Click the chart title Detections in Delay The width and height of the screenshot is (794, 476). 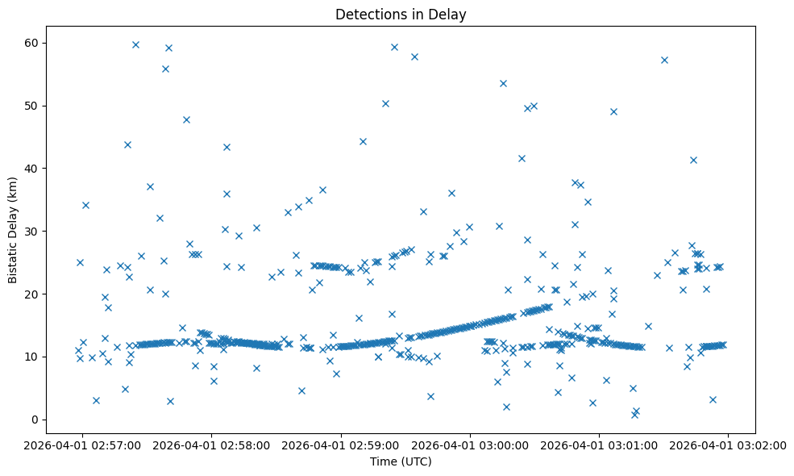[401, 15]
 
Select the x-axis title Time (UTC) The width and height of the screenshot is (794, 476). [401, 461]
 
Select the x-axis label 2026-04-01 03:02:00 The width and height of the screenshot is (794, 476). [728, 445]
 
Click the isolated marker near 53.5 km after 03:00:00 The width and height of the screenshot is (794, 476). [503, 83]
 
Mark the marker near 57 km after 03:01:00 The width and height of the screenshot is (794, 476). [664, 60]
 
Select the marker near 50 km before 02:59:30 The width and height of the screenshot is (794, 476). [385, 103]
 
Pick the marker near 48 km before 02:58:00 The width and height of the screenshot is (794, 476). [186, 119]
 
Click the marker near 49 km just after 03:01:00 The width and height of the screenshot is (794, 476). [613, 111]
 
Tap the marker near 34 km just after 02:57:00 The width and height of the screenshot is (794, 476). [85, 205]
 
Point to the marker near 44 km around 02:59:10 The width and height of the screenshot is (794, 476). [363, 141]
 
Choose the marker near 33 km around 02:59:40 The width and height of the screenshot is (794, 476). [423, 211]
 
